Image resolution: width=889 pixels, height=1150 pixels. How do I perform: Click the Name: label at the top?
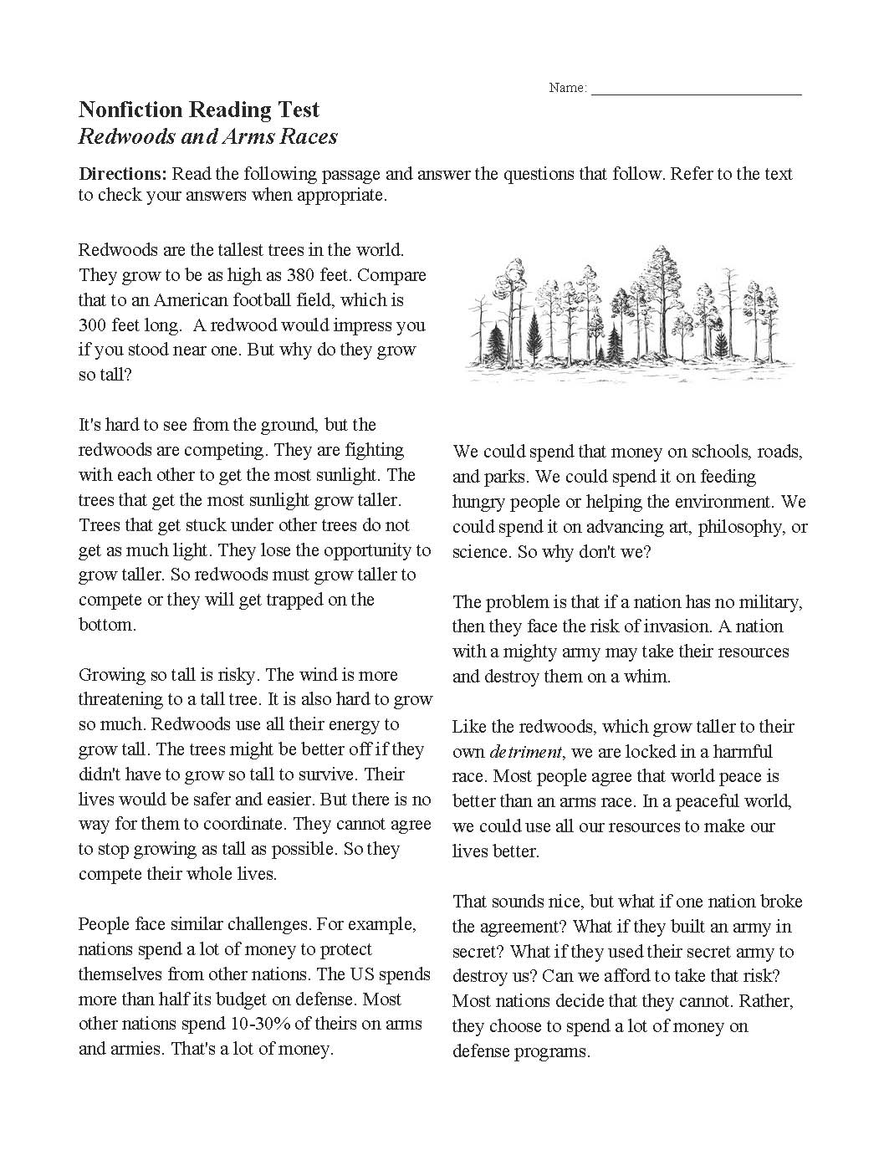(568, 88)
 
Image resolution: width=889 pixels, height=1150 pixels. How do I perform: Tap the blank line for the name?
(696, 90)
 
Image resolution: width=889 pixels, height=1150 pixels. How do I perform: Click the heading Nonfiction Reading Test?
(199, 110)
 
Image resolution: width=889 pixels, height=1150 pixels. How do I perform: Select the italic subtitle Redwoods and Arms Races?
(208, 136)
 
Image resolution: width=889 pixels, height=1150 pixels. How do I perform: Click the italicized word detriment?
(525, 751)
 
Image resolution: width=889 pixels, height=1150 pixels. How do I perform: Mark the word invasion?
(736, 626)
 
